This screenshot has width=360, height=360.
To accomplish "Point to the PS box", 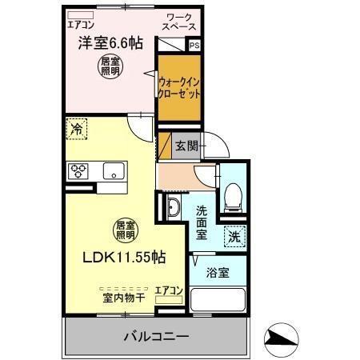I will [194, 46].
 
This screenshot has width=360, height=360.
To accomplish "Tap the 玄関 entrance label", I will [186, 146].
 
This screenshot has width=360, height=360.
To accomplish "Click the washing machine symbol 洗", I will [234, 236].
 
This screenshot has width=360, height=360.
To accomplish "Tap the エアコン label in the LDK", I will [169, 290].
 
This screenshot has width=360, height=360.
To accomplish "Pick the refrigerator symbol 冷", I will [77, 128].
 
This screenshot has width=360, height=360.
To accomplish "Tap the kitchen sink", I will [113, 170].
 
